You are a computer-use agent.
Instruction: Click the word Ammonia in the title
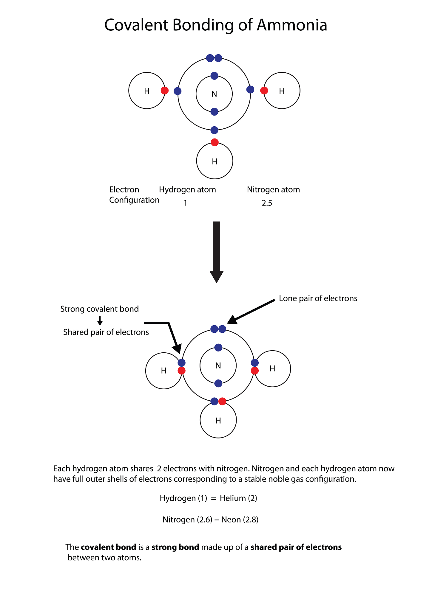pyautogui.click(x=292, y=25)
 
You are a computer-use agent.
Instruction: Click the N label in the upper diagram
pyautogui.click(x=214, y=94)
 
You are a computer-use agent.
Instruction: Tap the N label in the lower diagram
pyautogui.click(x=218, y=366)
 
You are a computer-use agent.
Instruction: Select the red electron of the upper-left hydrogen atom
pyautogui.click(x=165, y=91)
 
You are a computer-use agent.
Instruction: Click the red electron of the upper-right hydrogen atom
pyautogui.click(x=264, y=91)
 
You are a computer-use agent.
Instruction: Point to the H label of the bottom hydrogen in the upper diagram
pyautogui.click(x=215, y=162)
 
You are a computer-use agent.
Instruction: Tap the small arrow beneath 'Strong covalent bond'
pyautogui.click(x=100, y=321)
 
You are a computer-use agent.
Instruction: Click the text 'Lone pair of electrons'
pyautogui.click(x=318, y=298)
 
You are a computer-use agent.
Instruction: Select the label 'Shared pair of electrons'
pyautogui.click(x=106, y=332)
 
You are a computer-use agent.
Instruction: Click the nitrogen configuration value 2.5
pyautogui.click(x=267, y=203)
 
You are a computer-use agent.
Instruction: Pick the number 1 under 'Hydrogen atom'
pyautogui.click(x=185, y=203)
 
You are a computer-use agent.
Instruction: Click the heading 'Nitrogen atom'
pyautogui.click(x=273, y=190)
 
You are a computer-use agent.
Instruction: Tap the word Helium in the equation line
pyautogui.click(x=233, y=498)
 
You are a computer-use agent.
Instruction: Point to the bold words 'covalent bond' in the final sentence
pyautogui.click(x=108, y=547)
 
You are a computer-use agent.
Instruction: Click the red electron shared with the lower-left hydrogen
pyautogui.click(x=181, y=371)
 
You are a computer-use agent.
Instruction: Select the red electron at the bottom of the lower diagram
pyautogui.click(x=222, y=402)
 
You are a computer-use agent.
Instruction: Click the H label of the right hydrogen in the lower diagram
pyautogui.click(x=272, y=369)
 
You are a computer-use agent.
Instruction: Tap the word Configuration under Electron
pyautogui.click(x=134, y=200)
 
